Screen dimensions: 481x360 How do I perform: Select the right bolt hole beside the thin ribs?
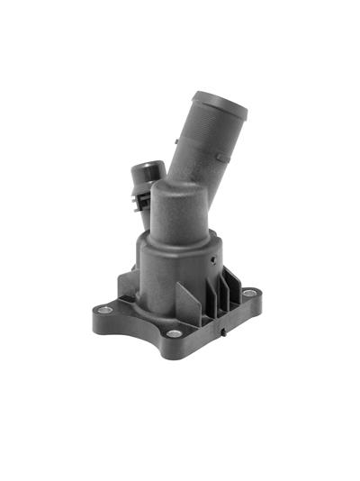point(248,293)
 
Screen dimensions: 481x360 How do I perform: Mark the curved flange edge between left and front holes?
point(135,330)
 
